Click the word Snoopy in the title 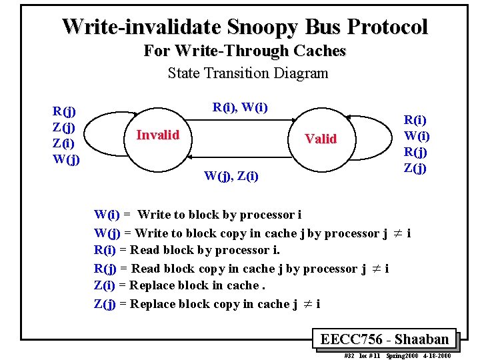coord(262,27)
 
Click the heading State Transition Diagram coord(247,73)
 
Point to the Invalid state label coord(157,135)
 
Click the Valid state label coord(321,139)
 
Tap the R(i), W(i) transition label coord(240,107)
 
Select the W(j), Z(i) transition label coord(231,176)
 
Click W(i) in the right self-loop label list coord(417,136)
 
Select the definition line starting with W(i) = coord(197,215)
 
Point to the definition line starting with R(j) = coord(241,269)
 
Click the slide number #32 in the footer coord(349,355)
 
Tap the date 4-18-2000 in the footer coord(436,355)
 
